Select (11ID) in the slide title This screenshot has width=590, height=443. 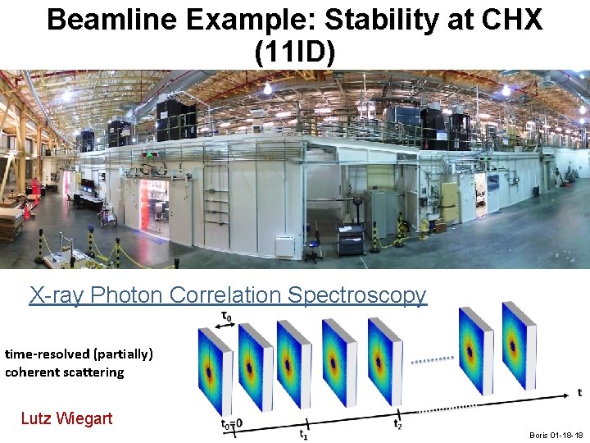tap(295, 52)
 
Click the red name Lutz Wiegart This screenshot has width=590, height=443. tap(66, 418)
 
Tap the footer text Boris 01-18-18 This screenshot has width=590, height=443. tap(556, 435)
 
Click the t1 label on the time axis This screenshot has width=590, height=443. tap(303, 435)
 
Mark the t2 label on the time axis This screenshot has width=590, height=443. tap(397, 424)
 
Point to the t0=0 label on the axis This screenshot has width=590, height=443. tap(233, 424)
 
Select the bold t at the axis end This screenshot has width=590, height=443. tap(579, 392)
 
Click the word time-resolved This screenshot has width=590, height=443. tap(46, 354)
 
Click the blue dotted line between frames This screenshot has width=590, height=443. tap(432, 360)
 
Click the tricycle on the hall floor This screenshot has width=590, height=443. tap(107, 217)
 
